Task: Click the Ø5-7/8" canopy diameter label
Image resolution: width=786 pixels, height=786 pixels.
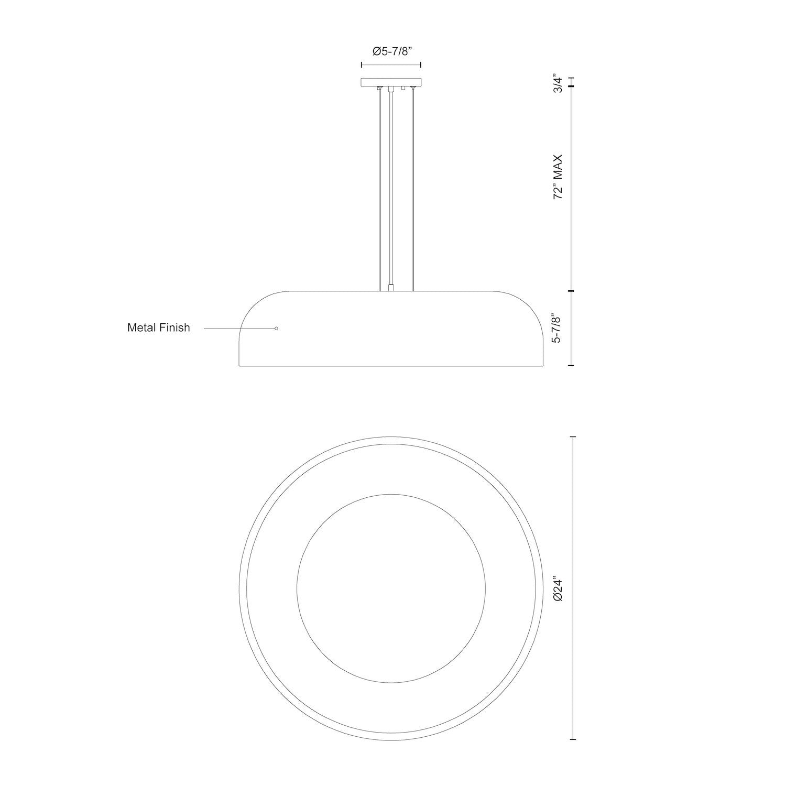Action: click(391, 51)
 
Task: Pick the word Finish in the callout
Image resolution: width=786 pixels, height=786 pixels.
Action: click(176, 328)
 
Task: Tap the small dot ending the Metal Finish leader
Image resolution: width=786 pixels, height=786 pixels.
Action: click(276, 329)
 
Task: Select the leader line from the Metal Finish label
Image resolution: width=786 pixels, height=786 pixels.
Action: click(238, 329)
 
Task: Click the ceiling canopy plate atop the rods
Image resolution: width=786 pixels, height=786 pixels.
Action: click(391, 82)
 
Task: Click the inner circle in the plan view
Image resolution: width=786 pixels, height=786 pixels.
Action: click(391, 587)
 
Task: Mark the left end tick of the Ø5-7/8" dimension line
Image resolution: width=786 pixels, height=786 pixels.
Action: click(362, 65)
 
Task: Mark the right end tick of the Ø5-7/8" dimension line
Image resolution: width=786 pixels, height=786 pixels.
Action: click(421, 65)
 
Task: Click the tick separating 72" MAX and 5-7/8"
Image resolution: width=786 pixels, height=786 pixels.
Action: click(572, 291)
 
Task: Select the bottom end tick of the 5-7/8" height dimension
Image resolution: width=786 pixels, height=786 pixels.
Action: click(572, 365)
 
